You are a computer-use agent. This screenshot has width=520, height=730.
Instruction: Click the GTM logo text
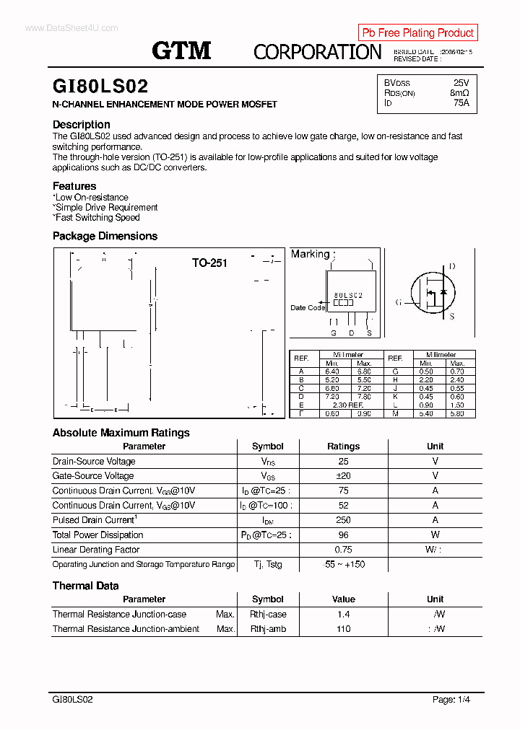point(181,50)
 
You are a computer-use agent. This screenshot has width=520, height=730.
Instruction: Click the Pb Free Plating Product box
point(417,32)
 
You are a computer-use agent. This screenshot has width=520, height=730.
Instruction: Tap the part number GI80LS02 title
point(100,87)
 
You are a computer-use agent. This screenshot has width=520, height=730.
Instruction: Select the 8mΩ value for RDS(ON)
point(459,93)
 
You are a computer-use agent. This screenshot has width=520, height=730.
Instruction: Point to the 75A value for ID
point(461,103)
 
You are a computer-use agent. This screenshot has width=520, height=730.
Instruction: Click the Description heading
point(82,124)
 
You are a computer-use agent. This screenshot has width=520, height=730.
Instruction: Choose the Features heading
point(74,186)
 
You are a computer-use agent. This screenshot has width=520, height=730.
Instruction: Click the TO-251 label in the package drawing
point(209,263)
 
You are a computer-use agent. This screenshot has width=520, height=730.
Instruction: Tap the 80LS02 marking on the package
point(348,296)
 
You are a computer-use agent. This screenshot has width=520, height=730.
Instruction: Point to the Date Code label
point(308,308)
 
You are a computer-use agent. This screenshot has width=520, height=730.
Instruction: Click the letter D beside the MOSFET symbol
point(452,266)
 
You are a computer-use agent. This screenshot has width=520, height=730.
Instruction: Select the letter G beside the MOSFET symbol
point(398,302)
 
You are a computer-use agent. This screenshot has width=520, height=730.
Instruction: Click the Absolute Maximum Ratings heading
point(121,433)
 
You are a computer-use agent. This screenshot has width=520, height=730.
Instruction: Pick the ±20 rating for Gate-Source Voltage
point(343,476)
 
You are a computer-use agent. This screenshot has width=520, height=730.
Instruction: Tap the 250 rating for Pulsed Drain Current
point(343,520)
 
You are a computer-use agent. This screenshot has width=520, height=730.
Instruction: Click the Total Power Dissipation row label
point(97,535)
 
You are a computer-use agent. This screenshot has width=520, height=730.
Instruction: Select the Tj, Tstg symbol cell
point(268,565)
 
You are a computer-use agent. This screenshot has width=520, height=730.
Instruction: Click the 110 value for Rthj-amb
point(343,629)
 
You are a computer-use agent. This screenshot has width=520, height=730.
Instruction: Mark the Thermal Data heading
point(85,586)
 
